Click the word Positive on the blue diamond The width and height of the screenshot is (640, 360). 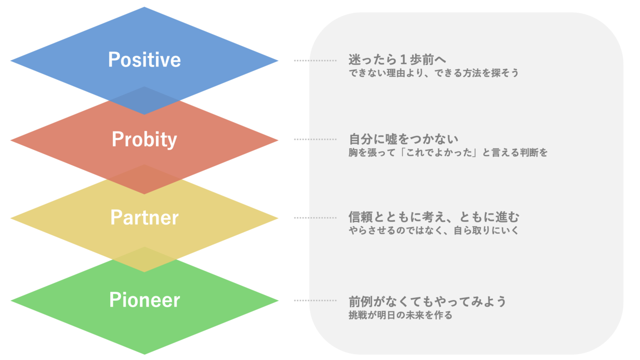[144, 59]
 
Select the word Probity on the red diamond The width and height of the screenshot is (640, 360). [144, 139]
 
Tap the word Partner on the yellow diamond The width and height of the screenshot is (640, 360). [144, 217]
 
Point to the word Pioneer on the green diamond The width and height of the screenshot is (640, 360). [144, 299]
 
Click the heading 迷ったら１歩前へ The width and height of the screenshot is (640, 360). [397, 59]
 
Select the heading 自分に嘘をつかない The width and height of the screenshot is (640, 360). [403, 139]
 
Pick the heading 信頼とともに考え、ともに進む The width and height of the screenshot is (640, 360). [433, 217]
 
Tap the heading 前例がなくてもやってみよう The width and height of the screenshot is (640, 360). [427, 301]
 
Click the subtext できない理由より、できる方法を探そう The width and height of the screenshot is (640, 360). [433, 73]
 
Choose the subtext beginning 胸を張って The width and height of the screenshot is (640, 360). [448, 152]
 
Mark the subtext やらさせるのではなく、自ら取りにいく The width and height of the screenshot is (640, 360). [433, 230]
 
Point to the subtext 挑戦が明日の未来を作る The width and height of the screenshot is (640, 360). [400, 315]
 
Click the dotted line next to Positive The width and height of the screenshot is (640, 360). [315, 60]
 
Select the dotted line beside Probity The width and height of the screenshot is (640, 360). [315, 139]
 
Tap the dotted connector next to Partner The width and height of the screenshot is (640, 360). [315, 217]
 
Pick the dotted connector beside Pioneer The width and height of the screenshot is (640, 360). [315, 300]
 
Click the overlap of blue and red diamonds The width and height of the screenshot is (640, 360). [144, 100]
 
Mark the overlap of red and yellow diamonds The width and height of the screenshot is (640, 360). [144, 179]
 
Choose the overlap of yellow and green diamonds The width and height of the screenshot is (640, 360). [144, 259]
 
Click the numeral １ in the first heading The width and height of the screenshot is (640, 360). [403, 59]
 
